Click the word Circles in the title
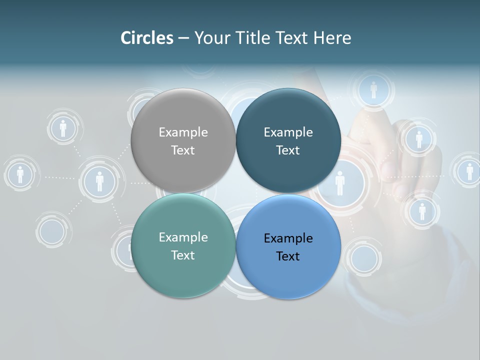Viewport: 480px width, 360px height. [147, 38]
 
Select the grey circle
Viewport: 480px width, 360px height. [183, 140]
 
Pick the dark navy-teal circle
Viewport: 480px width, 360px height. [288, 140]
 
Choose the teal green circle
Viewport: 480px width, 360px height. [183, 245]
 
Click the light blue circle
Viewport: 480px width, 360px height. [288, 246]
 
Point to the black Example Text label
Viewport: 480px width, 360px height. [288, 247]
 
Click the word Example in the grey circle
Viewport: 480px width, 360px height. [183, 132]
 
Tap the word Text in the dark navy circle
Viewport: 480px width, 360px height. [288, 150]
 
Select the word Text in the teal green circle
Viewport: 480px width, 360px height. [183, 255]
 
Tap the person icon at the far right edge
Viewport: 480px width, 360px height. [469, 171]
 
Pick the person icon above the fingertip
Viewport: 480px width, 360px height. [373, 90]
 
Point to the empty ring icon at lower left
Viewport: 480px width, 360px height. [52, 231]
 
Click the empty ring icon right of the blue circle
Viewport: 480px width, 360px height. [364, 258]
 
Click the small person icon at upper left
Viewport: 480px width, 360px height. [63, 128]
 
